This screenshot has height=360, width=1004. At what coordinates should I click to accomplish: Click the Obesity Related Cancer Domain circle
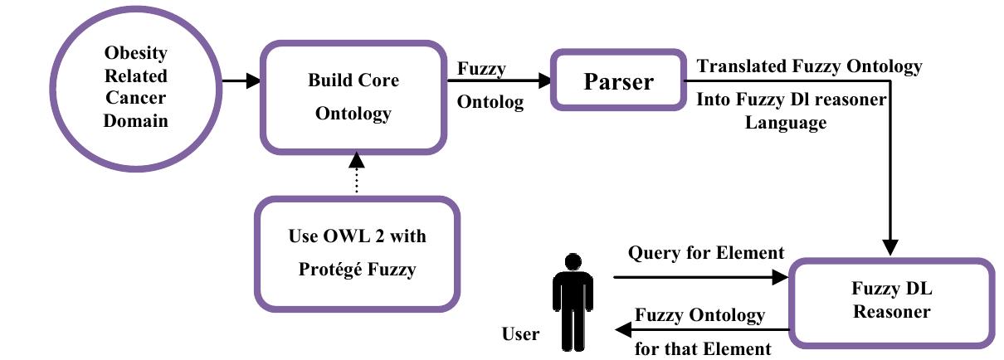135,87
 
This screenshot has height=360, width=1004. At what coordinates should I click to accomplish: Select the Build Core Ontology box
353,96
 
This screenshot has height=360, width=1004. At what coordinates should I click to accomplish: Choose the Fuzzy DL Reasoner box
892,302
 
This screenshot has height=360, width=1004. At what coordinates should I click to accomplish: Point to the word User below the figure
520,335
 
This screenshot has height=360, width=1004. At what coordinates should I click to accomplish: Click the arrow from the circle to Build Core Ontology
241,81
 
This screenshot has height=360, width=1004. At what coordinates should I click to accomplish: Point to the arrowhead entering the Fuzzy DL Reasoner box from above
890,247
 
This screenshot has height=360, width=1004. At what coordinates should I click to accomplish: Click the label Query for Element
705,252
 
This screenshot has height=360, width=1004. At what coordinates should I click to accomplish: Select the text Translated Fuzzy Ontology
809,66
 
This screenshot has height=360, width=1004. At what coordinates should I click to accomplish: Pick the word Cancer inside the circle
135,99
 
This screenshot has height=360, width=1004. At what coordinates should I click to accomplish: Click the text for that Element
703,348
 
